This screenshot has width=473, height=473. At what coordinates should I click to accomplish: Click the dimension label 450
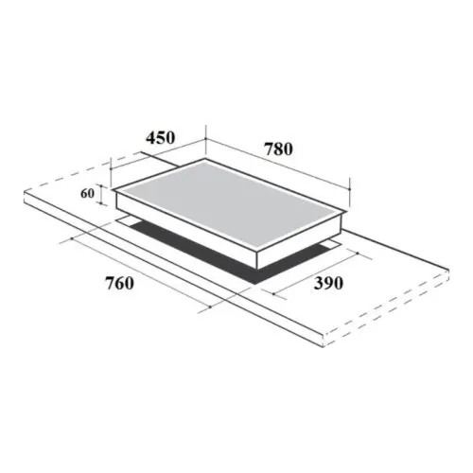coord(161,137)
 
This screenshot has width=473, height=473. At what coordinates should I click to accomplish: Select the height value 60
coord(88,194)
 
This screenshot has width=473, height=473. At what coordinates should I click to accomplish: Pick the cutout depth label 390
coord(322,283)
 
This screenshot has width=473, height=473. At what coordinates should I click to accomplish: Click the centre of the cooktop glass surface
coord(227,204)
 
